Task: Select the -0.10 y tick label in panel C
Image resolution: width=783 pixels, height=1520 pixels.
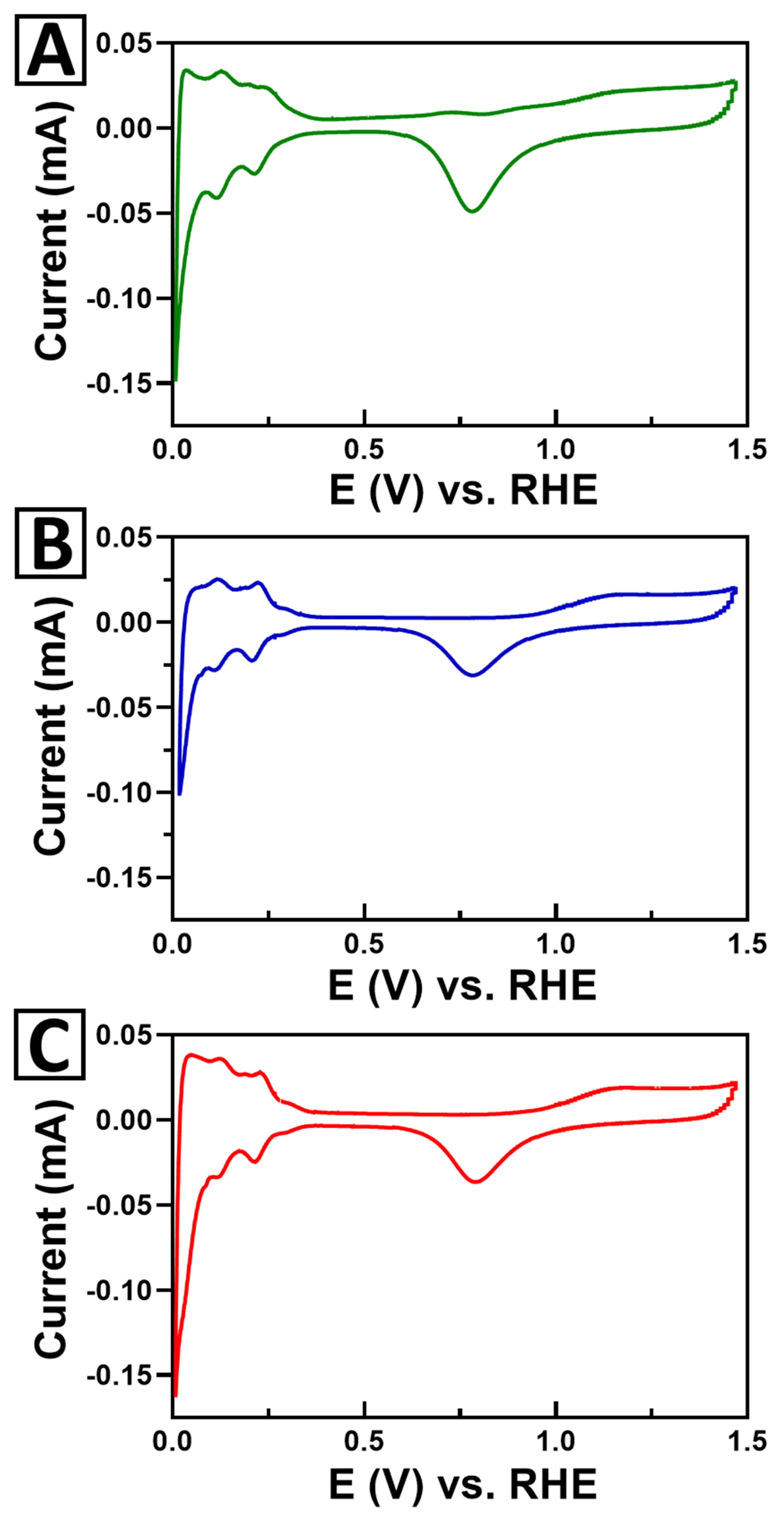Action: pos(120,1290)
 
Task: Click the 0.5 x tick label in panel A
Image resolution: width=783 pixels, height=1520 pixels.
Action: pos(364,450)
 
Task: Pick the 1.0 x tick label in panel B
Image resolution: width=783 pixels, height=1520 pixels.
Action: pos(555,944)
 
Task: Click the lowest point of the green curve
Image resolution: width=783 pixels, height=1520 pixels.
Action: pos(175,379)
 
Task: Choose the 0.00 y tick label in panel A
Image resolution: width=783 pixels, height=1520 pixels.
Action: pos(124,128)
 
